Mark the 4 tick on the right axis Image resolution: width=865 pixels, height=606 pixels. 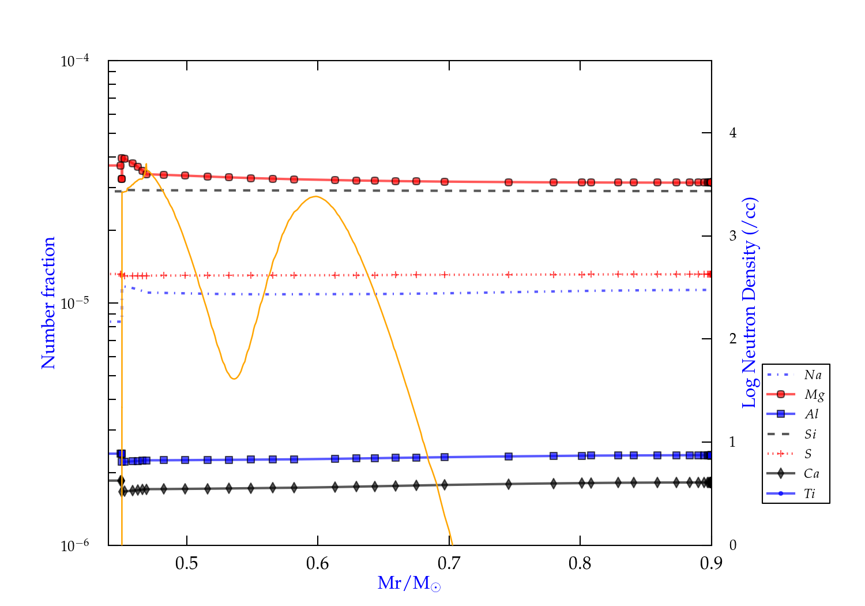pos(733,133)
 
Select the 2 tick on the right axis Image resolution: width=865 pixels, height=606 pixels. pos(733,339)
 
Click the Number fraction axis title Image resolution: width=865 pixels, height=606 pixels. pos(48,303)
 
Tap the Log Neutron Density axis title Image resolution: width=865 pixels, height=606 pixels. pos(750,303)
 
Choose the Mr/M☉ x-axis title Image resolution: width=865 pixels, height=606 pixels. pos(409,583)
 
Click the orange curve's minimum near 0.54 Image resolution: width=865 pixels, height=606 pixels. pos(234,379)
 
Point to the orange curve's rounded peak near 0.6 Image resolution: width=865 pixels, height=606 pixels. pos(315,197)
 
